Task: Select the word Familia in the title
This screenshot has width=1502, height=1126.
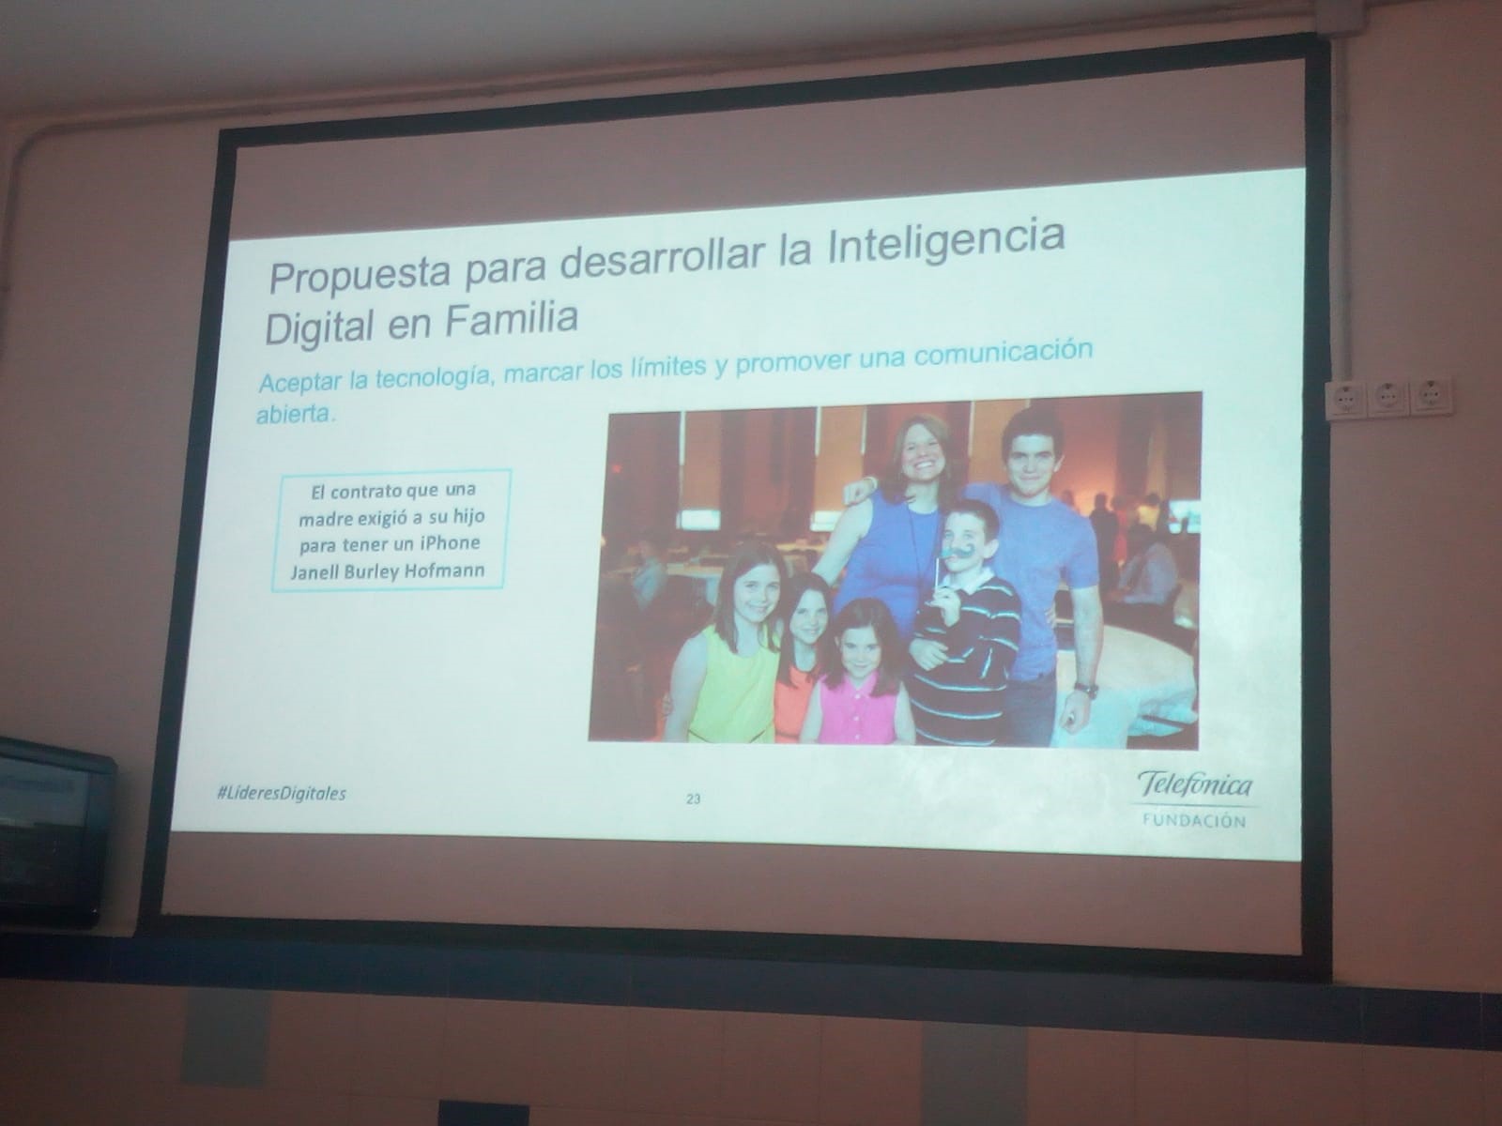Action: coord(512,318)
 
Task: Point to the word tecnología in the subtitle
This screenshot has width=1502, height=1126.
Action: coord(434,375)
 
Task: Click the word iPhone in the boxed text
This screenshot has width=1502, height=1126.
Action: coord(450,543)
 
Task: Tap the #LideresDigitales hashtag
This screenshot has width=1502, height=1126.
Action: coord(282,793)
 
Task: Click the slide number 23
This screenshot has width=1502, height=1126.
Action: coord(693,799)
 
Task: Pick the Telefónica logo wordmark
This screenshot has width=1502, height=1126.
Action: coord(1195,785)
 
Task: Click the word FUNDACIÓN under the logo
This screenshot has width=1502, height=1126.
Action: coord(1195,820)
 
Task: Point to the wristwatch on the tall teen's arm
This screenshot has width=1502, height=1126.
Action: coord(1085,689)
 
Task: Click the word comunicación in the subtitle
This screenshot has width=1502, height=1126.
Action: coord(1003,354)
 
